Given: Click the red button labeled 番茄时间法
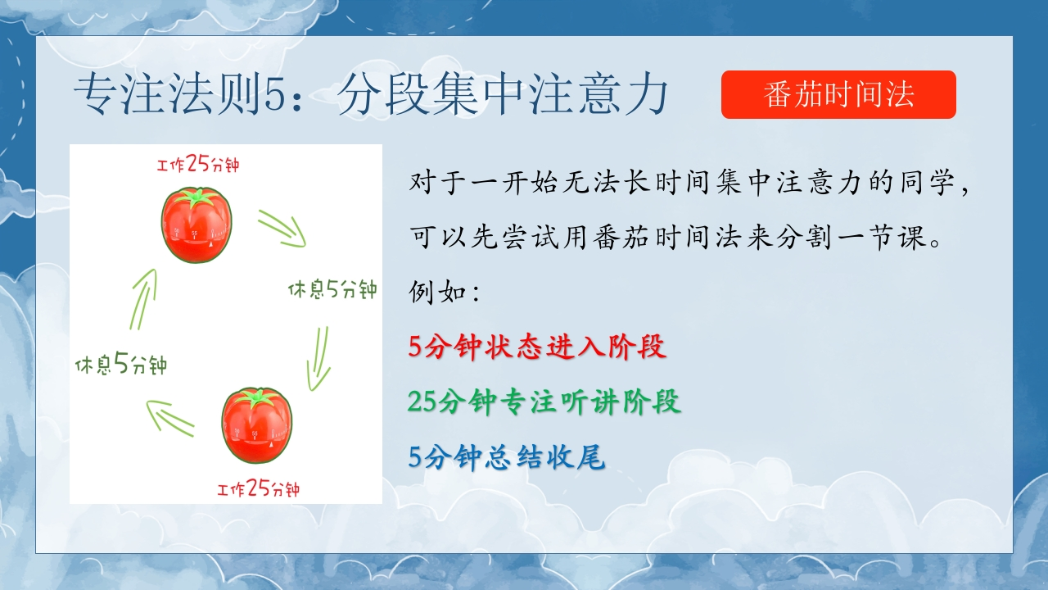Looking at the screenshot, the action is (838, 94).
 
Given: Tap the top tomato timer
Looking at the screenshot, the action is (196, 225).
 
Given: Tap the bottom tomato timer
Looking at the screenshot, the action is (256, 425).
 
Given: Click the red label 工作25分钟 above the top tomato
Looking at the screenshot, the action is (198, 164).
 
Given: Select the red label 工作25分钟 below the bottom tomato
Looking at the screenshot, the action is (258, 488).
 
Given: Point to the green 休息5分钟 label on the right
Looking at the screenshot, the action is (332, 289).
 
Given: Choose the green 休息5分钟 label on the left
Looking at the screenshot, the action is (121, 364).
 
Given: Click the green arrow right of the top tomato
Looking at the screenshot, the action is (282, 229).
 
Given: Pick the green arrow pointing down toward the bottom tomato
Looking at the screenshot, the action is (319, 359).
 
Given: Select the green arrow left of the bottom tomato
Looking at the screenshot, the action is (169, 418).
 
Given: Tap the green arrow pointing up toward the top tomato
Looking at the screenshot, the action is (143, 299).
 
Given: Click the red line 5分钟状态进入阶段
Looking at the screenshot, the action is (537, 347).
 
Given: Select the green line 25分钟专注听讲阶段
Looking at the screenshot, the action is (544, 402).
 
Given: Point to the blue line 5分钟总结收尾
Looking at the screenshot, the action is (507, 457).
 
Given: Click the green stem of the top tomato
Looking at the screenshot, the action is (197, 197).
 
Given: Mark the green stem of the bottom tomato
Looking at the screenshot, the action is (257, 397).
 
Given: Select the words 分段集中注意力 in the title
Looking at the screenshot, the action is (503, 95).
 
